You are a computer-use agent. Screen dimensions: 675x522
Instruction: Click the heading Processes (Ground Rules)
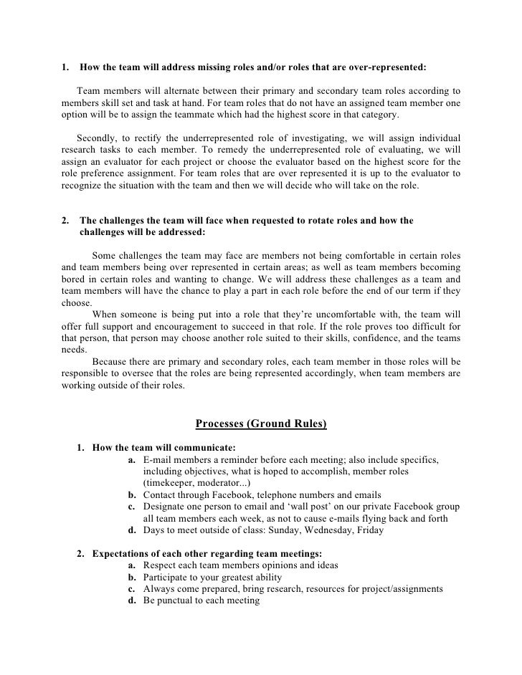tap(261, 423)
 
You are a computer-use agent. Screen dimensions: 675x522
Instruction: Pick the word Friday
tap(384, 530)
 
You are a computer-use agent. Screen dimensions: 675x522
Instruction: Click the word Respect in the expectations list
tap(162, 565)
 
